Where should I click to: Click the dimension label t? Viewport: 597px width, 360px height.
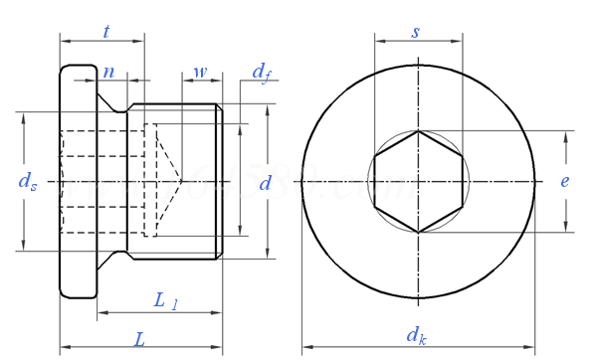pyautogui.click(x=106, y=31)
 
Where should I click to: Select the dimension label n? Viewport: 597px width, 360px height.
pyautogui.click(x=108, y=72)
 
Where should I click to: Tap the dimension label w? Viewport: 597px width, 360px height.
pyautogui.click(x=200, y=72)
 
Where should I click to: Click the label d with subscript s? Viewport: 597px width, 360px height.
pyautogui.click(x=29, y=181)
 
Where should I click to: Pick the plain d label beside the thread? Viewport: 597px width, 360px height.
pyautogui.click(x=265, y=182)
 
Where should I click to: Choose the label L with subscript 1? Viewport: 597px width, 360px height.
pyautogui.click(x=165, y=300)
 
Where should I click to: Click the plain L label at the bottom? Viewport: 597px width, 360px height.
pyautogui.click(x=140, y=339)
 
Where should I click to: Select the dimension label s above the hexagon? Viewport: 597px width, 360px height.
pyautogui.click(x=416, y=31)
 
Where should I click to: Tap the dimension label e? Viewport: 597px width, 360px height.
pyautogui.click(x=565, y=181)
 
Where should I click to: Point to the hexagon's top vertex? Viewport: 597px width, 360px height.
pyautogui.click(x=418, y=131)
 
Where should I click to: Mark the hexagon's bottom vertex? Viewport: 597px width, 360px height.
pyautogui.click(x=418, y=232)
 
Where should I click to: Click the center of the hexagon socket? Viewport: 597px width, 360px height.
pyautogui.click(x=418, y=181)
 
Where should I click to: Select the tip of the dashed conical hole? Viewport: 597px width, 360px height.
pyautogui.click(x=182, y=181)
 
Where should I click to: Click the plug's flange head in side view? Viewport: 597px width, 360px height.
pyautogui.click(x=79, y=181)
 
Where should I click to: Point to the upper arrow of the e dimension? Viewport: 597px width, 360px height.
pyautogui.click(x=565, y=134)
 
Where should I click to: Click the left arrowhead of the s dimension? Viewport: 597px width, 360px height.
pyautogui.click(x=377, y=41)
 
